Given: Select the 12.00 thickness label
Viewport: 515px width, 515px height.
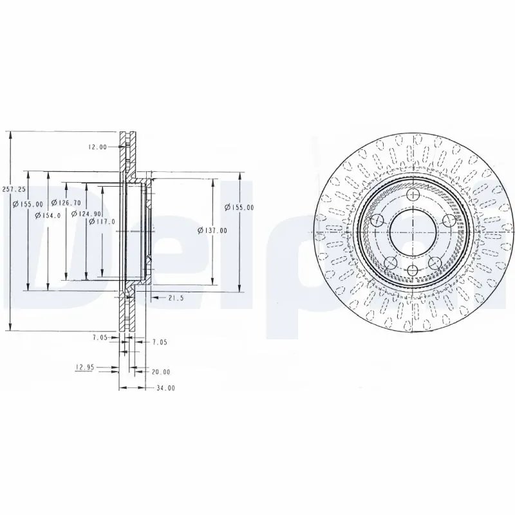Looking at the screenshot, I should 97,147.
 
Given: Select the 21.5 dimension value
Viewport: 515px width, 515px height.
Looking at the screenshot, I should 176,298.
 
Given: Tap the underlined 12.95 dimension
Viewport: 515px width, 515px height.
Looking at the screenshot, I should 85,367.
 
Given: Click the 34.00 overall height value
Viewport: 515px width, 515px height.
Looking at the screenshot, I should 165,388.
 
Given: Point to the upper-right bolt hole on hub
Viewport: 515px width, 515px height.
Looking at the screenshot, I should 449,221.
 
